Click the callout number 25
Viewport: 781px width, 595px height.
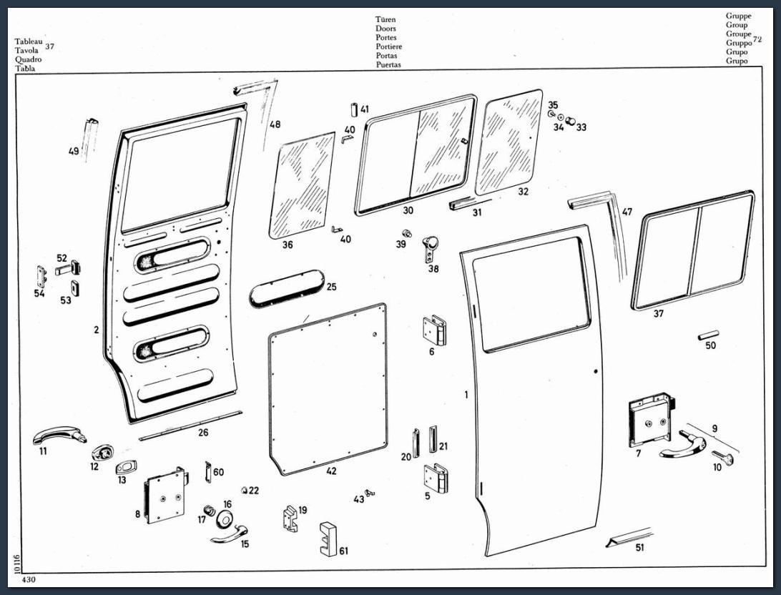331,287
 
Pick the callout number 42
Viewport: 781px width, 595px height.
331,471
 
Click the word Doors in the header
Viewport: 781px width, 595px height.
385,29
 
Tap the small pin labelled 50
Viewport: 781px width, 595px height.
707,334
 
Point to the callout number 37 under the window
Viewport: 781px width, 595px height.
659,313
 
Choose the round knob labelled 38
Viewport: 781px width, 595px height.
431,247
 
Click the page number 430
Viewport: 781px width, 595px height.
29,579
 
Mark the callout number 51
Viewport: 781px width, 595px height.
639,547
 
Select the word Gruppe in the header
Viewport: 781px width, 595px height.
738,16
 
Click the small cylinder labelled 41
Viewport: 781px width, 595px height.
354,109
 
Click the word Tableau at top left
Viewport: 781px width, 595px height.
27,42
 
